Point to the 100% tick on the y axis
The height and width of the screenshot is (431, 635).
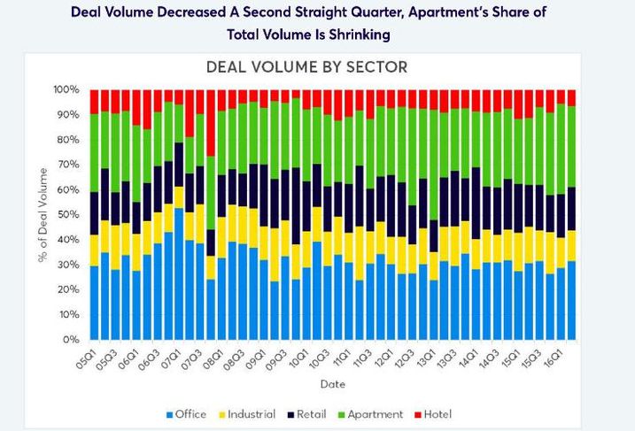66,90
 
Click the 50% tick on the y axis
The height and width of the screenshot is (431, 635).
68,215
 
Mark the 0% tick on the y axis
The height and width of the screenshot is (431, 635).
72,340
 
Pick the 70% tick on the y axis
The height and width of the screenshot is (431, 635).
68,165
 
